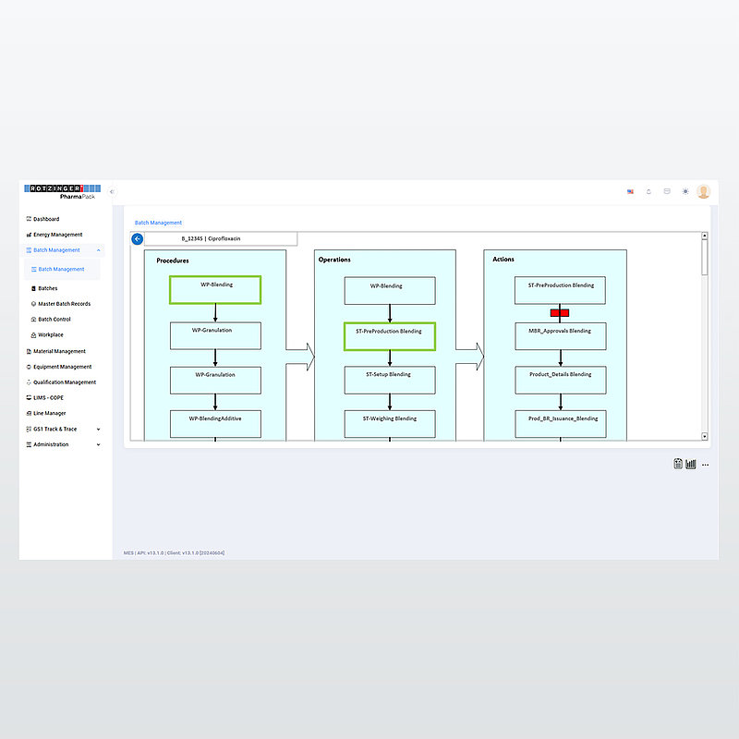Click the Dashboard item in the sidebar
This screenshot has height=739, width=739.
coord(46,219)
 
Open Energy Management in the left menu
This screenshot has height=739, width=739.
coord(57,235)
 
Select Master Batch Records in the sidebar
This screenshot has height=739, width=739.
coord(64,304)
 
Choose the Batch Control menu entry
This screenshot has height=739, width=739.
coord(54,320)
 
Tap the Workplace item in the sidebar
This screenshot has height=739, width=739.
coord(50,334)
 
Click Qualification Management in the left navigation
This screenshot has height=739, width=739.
coord(64,382)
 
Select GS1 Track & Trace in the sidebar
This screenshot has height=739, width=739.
coord(55,429)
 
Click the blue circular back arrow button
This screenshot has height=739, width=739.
coord(138,239)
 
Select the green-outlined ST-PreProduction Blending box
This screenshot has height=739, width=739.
coord(389,336)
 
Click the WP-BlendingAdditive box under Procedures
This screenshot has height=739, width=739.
coord(215,424)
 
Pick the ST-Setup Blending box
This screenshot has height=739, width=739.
coord(389,380)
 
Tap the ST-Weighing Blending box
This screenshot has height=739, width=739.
coord(389,424)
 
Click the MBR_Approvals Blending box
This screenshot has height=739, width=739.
coord(560,335)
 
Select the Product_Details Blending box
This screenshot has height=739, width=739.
coord(560,380)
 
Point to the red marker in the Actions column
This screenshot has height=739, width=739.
coord(560,313)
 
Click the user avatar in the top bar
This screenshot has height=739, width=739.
coord(704,191)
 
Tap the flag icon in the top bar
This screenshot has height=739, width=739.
coord(630,191)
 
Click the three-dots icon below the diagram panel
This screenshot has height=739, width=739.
coord(705,465)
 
